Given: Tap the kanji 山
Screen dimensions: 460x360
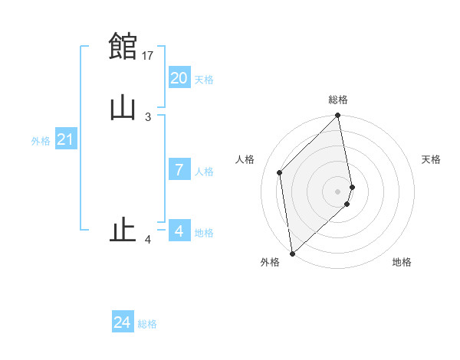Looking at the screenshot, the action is coord(123,107).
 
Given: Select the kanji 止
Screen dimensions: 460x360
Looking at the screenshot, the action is coord(123,229).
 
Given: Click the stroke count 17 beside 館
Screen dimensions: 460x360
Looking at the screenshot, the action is coord(149,55).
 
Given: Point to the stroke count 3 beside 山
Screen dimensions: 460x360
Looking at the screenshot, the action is coord(147,116).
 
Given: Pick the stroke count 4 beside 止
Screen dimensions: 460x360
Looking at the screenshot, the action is coord(148,241).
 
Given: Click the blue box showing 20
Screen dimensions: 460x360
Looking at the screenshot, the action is coord(179,78).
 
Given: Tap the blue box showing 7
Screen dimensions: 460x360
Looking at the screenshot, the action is coord(179,170).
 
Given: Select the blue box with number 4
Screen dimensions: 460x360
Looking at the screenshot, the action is coord(179,231).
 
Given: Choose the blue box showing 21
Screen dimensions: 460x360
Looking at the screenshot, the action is coord(66,139).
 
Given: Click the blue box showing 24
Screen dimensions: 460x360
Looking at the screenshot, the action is coord(123,322).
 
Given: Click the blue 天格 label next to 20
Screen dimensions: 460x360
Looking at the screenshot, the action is coord(203,80).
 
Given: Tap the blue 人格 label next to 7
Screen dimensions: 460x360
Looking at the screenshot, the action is coord(203,172).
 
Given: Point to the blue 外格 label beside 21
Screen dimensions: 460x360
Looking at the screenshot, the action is coord(41,141).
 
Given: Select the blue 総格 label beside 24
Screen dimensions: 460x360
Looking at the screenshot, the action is coord(147,324).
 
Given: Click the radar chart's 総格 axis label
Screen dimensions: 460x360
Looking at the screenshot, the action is coord(338,100).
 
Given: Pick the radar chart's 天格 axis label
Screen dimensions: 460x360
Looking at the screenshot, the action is coord(431,159).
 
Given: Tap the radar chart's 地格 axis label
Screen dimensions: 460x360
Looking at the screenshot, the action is coord(402,262).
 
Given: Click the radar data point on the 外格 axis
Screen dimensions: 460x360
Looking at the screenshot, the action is coord(291,253).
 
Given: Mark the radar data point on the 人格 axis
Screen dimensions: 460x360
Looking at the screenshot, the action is coord(280,172).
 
